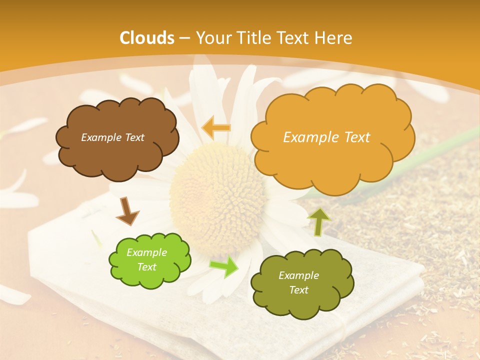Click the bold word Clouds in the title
pyautogui.click(x=147, y=37)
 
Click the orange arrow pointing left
pyautogui.click(x=216, y=127)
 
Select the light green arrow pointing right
pyautogui.click(x=224, y=266)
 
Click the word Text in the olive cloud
pyautogui.click(x=298, y=290)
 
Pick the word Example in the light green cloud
pyautogui.click(x=146, y=252)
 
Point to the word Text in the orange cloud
pyautogui.click(x=355, y=137)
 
